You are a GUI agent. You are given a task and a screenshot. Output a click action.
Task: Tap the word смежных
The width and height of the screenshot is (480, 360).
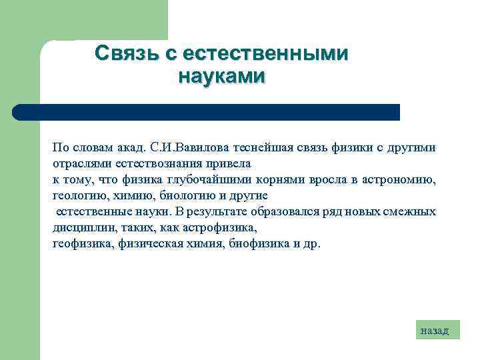pyautogui.click(x=410, y=211)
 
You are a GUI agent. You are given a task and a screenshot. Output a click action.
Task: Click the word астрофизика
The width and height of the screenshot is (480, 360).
pyautogui.click(x=223, y=227)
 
